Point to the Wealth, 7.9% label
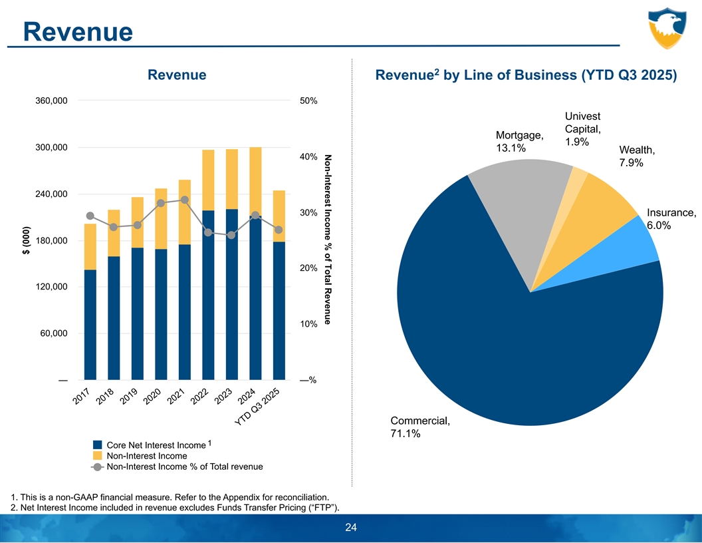(637, 156)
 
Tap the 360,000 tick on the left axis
(51, 101)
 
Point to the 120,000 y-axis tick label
(51, 287)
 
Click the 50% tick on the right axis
(308, 101)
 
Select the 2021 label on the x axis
(175, 397)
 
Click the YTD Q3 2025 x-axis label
(259, 406)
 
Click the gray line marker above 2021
(185, 200)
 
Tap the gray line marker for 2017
(90, 216)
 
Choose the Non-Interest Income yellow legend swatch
(98, 456)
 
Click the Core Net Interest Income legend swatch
(98, 445)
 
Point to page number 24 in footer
(351, 528)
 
